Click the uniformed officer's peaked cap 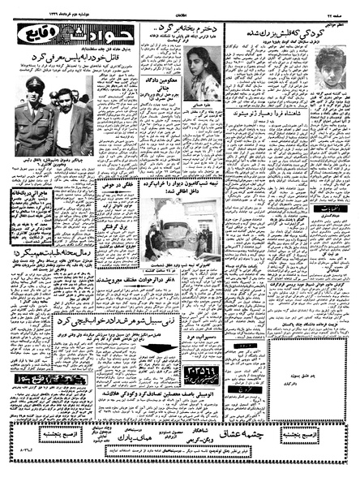pyautogui.click(x=36, y=84)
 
